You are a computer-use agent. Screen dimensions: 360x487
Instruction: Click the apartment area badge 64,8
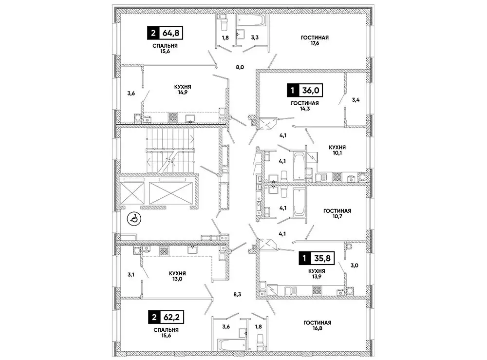[167, 34]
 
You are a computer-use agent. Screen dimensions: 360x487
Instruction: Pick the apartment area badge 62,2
[167, 319]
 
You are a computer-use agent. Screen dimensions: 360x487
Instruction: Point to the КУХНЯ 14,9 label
[183, 90]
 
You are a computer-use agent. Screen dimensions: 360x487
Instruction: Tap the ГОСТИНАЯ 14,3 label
[305, 106]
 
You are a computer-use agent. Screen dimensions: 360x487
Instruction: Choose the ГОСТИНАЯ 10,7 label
[337, 214]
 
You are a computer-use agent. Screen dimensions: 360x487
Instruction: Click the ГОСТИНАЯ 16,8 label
[317, 325]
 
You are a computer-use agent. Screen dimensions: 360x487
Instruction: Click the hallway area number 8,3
[237, 294]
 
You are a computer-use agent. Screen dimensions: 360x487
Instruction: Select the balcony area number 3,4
[356, 100]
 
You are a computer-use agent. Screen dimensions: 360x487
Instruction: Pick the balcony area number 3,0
[356, 265]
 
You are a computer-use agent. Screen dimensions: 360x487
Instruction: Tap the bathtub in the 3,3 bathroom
[250, 20]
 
